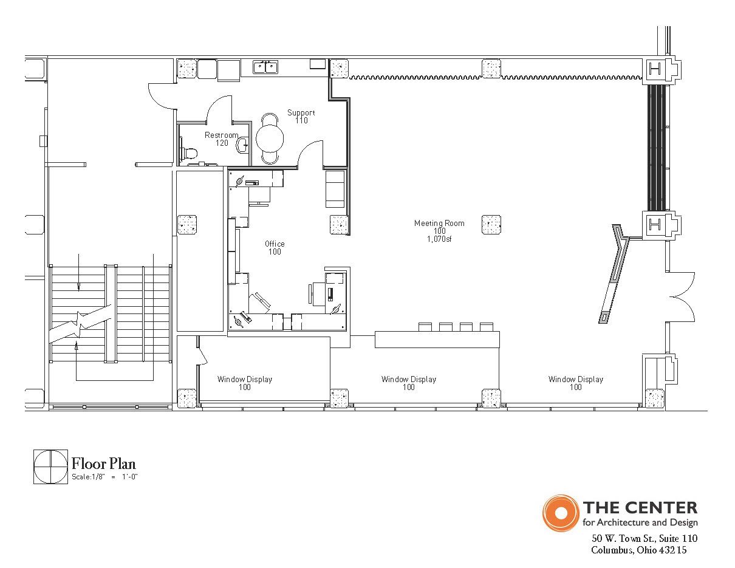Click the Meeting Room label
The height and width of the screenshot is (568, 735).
point(439,224)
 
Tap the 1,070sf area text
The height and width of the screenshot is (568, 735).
point(439,239)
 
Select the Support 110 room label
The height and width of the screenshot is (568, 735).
point(301,117)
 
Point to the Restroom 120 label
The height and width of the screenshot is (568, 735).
point(222,139)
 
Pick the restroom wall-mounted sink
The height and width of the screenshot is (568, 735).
point(243,145)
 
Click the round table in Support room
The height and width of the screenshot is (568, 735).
point(270,139)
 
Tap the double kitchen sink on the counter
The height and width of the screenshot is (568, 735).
point(265,67)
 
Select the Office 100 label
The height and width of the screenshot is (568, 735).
point(275,248)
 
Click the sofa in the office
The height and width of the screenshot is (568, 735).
point(335,189)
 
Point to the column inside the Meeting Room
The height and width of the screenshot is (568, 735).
point(491,224)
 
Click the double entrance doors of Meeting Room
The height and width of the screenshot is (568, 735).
point(680,296)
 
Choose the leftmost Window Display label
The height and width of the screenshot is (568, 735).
point(245,383)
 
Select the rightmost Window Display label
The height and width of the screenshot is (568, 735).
point(576,383)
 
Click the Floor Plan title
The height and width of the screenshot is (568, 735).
point(103,464)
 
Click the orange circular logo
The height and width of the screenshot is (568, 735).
point(561,513)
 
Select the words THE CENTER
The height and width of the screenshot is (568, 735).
point(640,508)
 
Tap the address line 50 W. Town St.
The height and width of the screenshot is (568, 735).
point(644,539)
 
